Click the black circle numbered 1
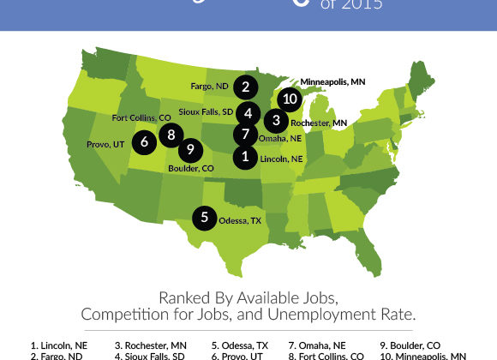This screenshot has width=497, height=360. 245,156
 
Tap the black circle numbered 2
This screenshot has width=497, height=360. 245,87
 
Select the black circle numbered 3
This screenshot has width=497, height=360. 276,121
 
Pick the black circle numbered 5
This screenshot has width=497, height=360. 204,218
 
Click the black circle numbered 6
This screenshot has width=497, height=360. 144,140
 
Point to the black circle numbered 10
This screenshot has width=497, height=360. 290,99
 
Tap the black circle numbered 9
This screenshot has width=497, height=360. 189,150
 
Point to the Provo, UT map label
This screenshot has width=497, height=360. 106,144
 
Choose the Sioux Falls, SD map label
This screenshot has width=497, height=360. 207,112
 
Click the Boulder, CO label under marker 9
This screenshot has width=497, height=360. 195,169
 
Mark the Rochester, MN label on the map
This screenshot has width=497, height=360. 319,123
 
